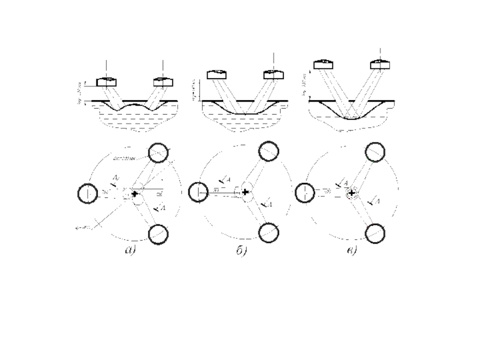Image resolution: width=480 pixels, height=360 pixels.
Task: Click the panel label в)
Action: (x=350, y=250)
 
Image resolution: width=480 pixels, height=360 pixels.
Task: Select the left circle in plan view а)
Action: (x=87, y=194)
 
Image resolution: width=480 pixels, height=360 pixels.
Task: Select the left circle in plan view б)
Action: (x=197, y=192)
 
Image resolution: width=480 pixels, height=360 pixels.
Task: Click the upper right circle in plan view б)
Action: (x=268, y=150)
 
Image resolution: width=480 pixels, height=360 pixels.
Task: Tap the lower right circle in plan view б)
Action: (x=268, y=231)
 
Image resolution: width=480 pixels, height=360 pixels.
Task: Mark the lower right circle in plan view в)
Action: (x=376, y=231)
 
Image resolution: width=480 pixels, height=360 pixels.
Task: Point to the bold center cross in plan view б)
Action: (x=245, y=191)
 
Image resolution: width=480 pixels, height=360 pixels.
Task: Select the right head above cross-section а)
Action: (x=163, y=82)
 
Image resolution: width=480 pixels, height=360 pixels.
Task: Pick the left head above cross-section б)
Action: (x=217, y=74)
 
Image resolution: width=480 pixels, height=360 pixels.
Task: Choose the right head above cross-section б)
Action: (x=273, y=74)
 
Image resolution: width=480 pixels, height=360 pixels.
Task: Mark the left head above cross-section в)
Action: (x=323, y=64)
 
